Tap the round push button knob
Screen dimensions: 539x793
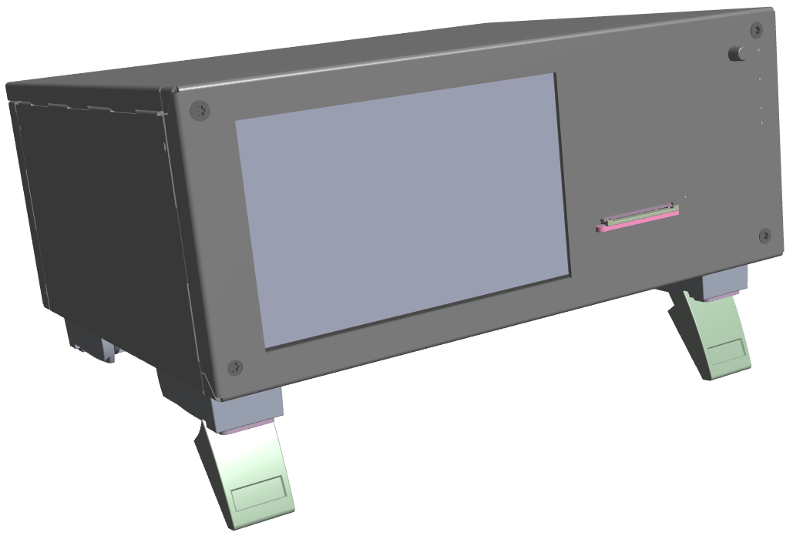738,54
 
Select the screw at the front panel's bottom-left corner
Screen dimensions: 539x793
236,367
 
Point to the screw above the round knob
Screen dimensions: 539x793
758,30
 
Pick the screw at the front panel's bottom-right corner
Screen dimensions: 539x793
764,235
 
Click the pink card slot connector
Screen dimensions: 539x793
638,221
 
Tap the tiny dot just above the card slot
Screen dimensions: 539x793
685,197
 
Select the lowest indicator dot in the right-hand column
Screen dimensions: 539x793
761,122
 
